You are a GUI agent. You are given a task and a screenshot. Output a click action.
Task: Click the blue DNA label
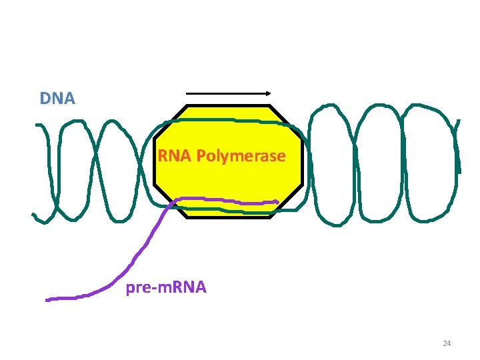coord(57,99)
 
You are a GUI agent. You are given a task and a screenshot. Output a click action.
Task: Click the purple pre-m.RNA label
coord(167,288)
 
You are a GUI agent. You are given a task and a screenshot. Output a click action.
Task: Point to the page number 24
coord(447,343)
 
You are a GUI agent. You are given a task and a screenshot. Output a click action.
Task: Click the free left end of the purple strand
coord(47,299)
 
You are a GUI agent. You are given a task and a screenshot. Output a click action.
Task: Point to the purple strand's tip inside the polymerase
coord(277,201)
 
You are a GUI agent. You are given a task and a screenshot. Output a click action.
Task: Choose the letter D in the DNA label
coord(45,99)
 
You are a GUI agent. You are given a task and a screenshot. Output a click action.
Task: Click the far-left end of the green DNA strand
coord(35,215)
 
